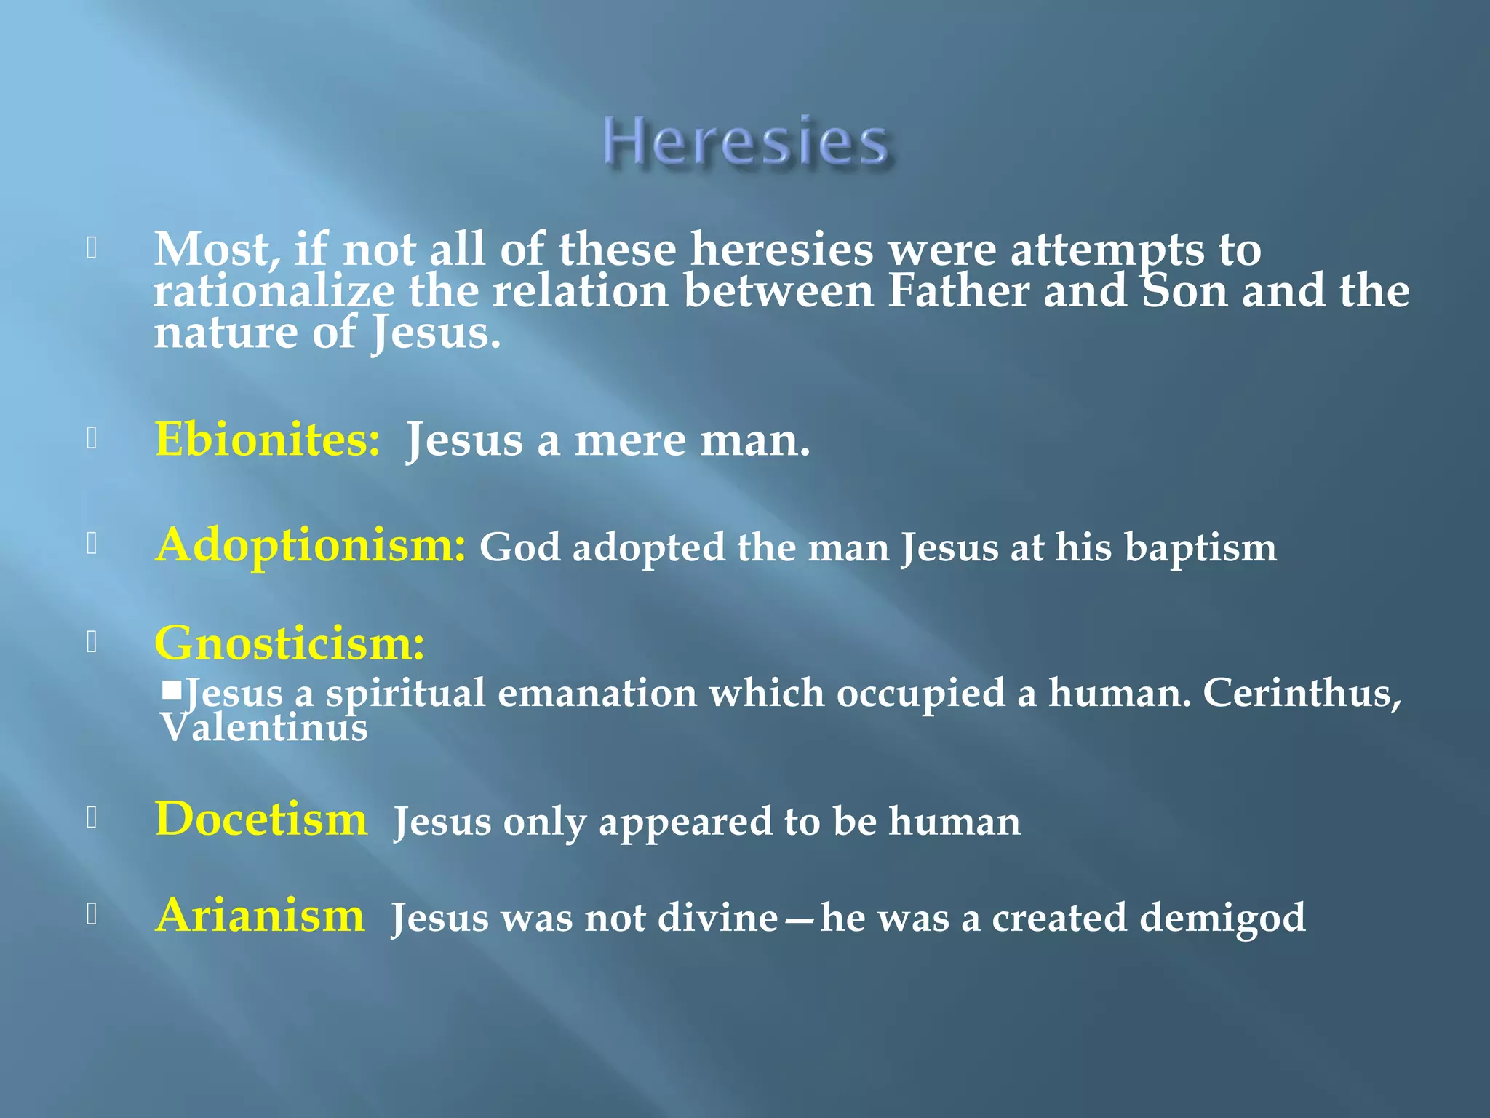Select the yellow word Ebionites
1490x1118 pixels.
tap(267, 440)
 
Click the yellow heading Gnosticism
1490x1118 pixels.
tap(290, 643)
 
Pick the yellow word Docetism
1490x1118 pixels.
tap(261, 820)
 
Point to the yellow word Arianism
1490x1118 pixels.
tap(260, 916)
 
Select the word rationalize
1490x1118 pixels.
tap(274, 291)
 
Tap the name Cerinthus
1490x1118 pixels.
tap(1301, 693)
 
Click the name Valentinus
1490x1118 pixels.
tap(264, 728)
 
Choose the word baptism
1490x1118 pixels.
tap(1200, 547)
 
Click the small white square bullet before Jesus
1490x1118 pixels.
tap(172, 689)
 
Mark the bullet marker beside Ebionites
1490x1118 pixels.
tap(92, 438)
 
